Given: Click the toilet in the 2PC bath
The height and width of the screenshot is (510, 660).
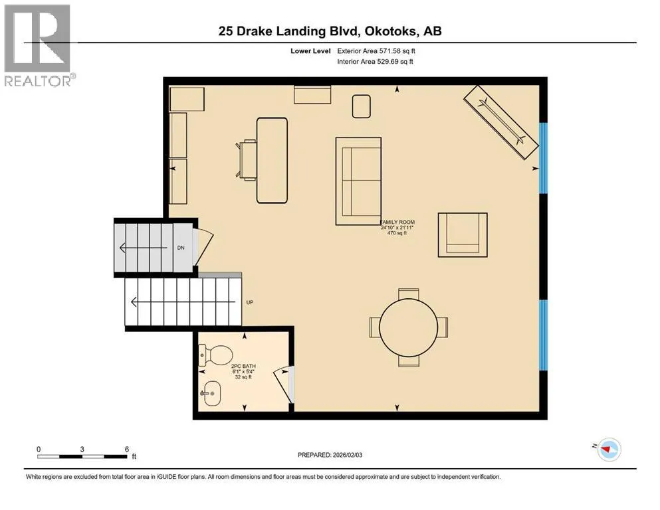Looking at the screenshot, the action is pos(215,355).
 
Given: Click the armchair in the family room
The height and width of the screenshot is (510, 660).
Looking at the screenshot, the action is pos(463,234).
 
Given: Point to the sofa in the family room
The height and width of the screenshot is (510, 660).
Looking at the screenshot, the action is pos(358,181).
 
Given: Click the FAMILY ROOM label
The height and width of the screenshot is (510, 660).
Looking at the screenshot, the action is pos(397,222).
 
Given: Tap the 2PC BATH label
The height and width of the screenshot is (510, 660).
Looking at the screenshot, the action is pos(243,366).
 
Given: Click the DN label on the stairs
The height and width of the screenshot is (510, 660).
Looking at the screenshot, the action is pos(181,248).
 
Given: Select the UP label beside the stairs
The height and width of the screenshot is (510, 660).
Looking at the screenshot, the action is pos(250,302).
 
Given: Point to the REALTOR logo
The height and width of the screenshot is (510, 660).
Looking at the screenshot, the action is pos(38,45).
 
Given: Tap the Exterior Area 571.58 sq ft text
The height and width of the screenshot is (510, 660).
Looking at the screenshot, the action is pos(376,51).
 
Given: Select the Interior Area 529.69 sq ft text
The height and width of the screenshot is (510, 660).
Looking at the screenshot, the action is pos(375,61).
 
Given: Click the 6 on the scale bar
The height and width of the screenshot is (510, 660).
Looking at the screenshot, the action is pos(127,449).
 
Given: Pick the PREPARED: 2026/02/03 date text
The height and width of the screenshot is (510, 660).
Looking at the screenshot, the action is pos(330,455).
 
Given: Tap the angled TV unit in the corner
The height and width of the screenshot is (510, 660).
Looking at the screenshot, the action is pos(501,122).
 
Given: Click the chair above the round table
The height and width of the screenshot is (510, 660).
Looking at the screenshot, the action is pos(408,294).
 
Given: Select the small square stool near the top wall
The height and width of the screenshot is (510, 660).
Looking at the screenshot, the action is pos(361,106).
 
